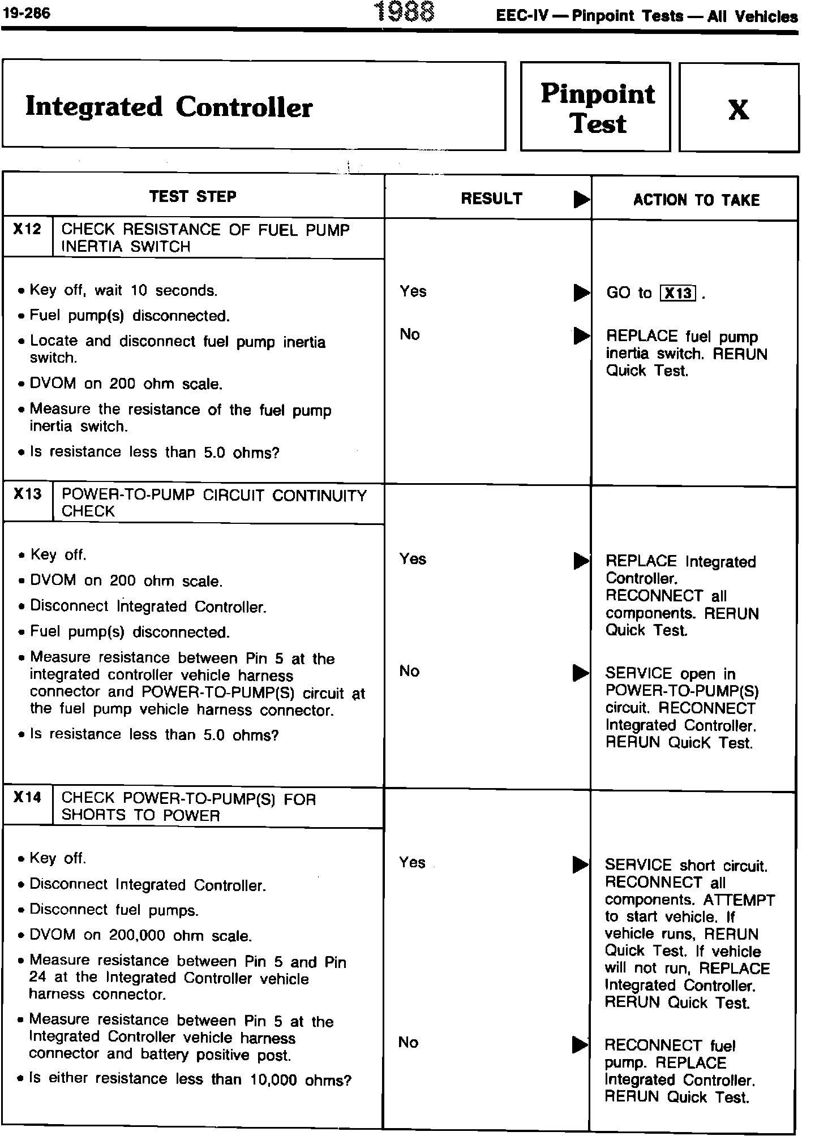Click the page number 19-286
coord(26,13)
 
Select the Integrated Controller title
coord(169,107)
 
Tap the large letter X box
coord(738,109)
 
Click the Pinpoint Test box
coord(597,107)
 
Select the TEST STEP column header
coord(192,196)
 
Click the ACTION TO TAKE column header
coord(696,200)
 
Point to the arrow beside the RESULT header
coord(581,200)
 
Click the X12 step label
coord(28,230)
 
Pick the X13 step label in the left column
coord(28,494)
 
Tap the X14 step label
coord(28,798)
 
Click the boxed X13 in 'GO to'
coord(677,293)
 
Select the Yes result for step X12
coord(413,291)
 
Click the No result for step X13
coord(409,671)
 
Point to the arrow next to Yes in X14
coord(580,864)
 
